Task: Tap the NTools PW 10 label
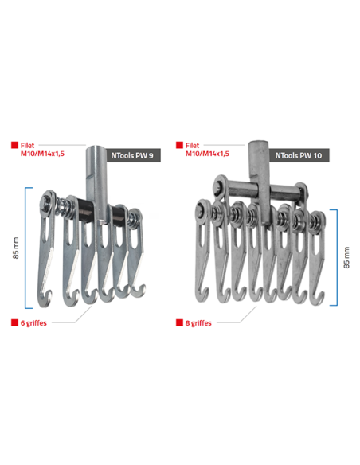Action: point(299,155)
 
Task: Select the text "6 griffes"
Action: point(33,323)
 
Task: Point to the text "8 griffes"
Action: point(198,323)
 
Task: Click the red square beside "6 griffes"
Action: point(14,322)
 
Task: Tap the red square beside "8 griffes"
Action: point(179,322)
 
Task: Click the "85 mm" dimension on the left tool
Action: point(16,248)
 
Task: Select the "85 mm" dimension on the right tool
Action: point(346,257)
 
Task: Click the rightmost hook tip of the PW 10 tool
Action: point(323,294)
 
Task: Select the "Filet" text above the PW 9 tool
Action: point(27,145)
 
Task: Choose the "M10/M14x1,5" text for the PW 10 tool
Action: point(207,154)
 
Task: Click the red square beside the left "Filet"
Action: point(14,145)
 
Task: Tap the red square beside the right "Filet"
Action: point(179,145)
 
